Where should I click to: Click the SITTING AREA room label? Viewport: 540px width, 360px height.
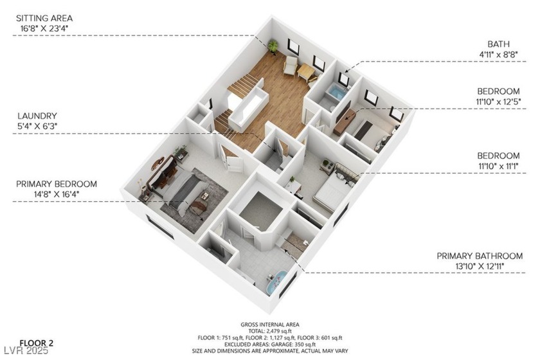[x=44, y=18]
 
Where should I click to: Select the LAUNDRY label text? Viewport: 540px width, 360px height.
[x=37, y=116]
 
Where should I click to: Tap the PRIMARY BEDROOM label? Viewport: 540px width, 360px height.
[x=57, y=184]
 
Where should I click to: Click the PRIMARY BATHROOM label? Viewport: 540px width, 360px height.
[x=480, y=256]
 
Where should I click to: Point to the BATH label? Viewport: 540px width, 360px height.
[x=498, y=44]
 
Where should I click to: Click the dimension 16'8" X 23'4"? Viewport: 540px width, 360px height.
[x=44, y=28]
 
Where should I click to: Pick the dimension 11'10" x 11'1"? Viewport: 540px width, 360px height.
[x=498, y=166]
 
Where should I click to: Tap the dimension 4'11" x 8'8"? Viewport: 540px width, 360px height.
[x=498, y=54]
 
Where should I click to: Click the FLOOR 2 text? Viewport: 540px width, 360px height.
[x=37, y=343]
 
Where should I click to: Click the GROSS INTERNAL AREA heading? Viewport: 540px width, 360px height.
[x=269, y=325]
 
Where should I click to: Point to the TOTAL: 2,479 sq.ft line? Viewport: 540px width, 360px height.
[x=269, y=331]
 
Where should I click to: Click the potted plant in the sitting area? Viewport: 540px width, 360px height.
[x=273, y=47]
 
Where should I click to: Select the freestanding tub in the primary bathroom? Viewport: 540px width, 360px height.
[x=277, y=282]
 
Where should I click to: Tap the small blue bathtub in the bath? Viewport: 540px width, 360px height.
[x=336, y=92]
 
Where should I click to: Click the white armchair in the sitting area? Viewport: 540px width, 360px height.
[x=291, y=65]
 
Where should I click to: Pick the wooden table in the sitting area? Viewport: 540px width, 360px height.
[x=306, y=72]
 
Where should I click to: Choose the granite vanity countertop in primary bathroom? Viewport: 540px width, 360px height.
[x=294, y=242]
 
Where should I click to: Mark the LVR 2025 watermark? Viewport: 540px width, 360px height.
[x=26, y=351]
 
